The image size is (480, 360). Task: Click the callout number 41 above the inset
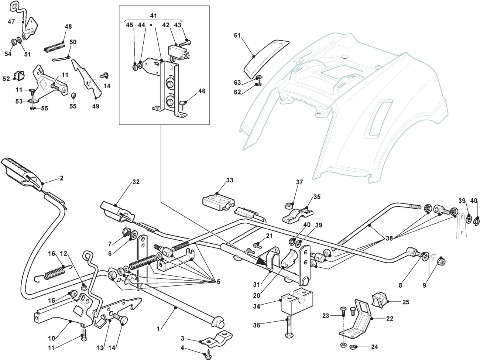pyautogui.click(x=154, y=16)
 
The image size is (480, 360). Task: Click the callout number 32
pyautogui.click(x=136, y=182)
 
